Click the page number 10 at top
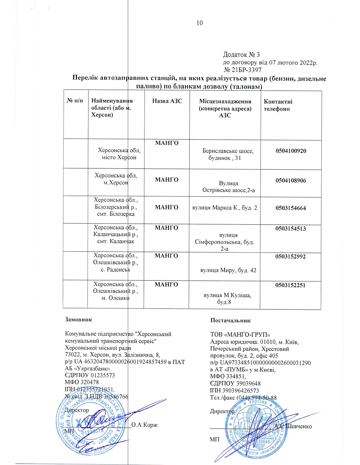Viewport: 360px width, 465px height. click(200, 23)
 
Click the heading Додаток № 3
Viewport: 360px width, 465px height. click(241, 55)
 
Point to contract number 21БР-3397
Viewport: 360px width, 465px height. click(243, 70)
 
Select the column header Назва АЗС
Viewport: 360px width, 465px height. click(167, 101)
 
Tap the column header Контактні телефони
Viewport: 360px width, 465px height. click(278, 105)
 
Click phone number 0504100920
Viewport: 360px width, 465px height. click(291, 151)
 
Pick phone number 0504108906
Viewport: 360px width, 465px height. click(291, 180)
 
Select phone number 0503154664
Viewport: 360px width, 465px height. click(291, 208)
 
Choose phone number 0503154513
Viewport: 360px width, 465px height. click(291, 229)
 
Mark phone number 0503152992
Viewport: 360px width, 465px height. click(291, 256)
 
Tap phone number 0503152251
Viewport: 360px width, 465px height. click(291, 285)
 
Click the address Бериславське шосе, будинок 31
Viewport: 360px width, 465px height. click(228, 154)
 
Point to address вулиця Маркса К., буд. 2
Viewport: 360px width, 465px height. click(225, 208)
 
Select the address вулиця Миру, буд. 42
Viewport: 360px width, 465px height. click(228, 270)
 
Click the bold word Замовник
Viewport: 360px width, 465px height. click(78, 320)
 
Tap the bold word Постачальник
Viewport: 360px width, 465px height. click(230, 320)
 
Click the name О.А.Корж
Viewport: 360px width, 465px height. click(145, 425)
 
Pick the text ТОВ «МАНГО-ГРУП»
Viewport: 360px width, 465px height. click(240, 335)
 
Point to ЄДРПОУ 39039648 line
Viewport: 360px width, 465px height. click(235, 384)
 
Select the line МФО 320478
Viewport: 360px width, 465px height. click(82, 382)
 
